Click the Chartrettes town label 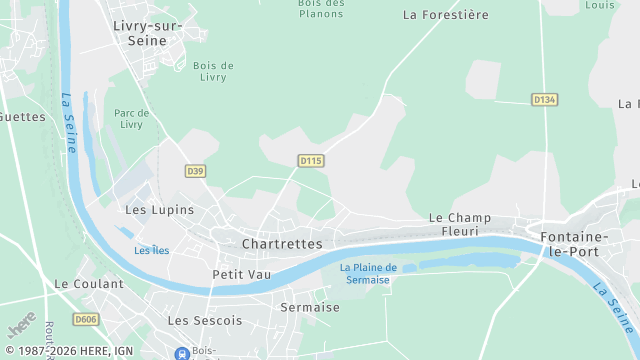point(282,244)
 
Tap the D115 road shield point(311,160)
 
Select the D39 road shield point(195,172)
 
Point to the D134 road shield point(544,100)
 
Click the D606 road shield point(86,319)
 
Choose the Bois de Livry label point(213,72)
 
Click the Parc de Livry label point(131,119)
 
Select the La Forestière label point(445,15)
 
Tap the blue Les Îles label point(151,250)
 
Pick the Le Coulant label point(89,284)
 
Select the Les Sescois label point(205,321)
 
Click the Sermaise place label point(310,307)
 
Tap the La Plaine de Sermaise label point(368,273)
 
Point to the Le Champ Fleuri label point(460,224)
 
